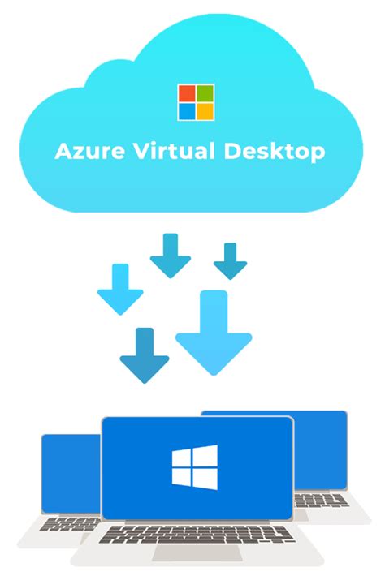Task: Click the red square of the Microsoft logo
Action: click(187, 93)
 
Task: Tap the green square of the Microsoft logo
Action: click(205, 93)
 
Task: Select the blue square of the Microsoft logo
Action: click(187, 111)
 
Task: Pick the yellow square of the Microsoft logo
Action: click(205, 111)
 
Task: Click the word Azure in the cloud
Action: click(89, 151)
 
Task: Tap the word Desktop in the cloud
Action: click(275, 152)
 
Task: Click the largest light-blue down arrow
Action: click(214, 333)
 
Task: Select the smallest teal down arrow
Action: click(230, 260)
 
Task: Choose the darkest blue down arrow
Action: click(145, 355)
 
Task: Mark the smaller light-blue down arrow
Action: click(120, 289)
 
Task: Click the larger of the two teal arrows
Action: click(171, 256)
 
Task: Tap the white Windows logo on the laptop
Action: click(194, 467)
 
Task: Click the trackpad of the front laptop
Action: click(197, 552)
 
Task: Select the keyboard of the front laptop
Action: click(197, 535)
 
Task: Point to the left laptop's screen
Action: click(71, 474)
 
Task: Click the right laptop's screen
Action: click(321, 451)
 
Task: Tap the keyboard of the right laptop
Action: click(321, 501)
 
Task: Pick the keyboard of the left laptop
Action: click(70, 523)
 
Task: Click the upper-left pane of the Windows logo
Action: click(182, 458)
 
